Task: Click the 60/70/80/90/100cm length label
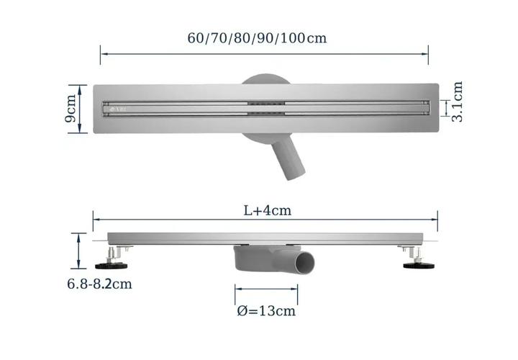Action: pyautogui.click(x=257, y=38)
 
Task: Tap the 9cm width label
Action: pyautogui.click(x=71, y=109)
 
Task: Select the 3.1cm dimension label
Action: pyautogui.click(x=458, y=102)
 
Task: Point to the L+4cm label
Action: pyautogui.click(x=268, y=210)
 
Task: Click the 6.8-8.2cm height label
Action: pyautogui.click(x=99, y=284)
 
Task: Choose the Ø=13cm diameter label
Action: pyautogui.click(x=266, y=311)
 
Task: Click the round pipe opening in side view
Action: pyautogui.click(x=305, y=264)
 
